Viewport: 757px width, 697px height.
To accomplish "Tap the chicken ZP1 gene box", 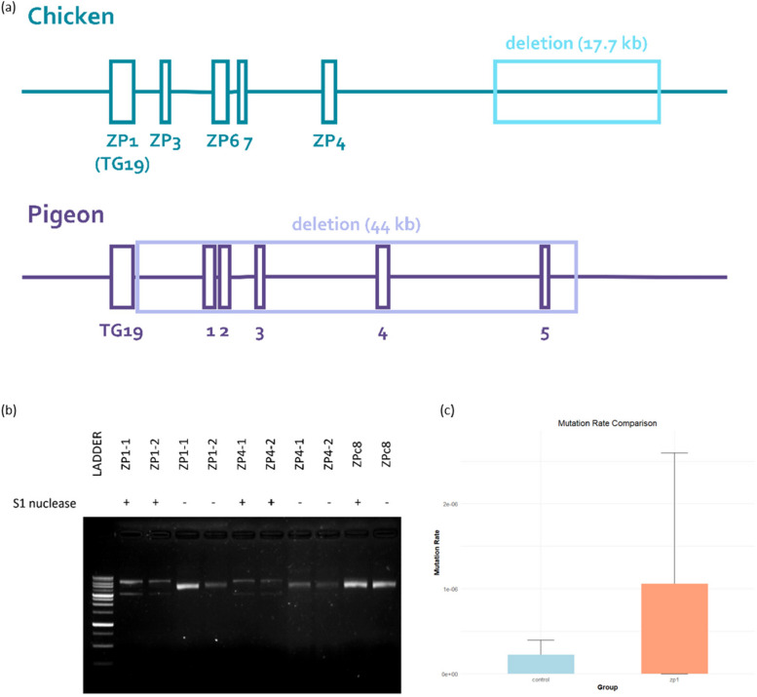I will coord(122,92).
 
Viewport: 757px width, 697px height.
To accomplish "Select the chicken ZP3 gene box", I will coord(166,92).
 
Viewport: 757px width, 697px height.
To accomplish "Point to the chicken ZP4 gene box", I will coord(329,92).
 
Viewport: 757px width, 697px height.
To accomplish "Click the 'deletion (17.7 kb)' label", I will coord(577,44).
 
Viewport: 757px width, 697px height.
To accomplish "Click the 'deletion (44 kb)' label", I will coord(356,225).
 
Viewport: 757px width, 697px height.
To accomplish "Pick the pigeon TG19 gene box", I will coord(122,277).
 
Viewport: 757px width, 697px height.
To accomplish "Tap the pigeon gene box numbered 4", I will coord(383,277).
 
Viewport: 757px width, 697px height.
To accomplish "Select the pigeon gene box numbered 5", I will coord(545,277).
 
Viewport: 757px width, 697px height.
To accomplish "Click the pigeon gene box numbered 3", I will coord(260,277).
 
